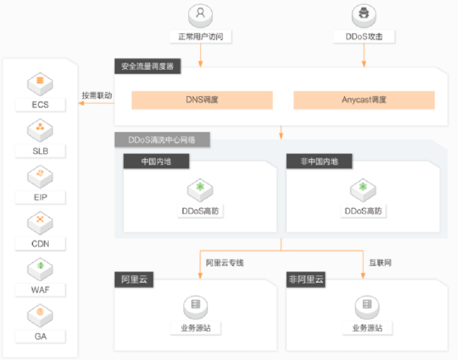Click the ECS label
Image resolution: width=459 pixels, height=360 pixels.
(40, 104)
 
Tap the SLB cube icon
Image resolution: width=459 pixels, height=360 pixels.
(40, 130)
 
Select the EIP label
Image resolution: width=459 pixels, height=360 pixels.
(40, 197)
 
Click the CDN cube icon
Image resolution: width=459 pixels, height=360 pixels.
(40, 223)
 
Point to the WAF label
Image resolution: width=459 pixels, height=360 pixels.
(40, 290)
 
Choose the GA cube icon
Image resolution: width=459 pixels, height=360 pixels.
(40, 316)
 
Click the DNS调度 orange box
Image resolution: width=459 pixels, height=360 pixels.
(202, 100)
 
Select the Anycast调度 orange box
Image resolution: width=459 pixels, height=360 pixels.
(364, 100)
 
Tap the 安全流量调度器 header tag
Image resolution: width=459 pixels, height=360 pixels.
(147, 66)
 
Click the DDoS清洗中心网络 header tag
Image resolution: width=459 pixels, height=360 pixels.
(162, 139)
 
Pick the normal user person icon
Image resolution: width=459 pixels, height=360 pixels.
(200, 15)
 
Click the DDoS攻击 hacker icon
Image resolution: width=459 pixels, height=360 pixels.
(364, 15)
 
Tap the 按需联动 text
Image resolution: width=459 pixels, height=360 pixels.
(97, 96)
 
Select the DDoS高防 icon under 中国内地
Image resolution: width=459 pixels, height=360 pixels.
(200, 190)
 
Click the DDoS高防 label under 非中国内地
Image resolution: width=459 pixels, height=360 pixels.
(363, 211)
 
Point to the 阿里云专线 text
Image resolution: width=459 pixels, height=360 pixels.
(225, 263)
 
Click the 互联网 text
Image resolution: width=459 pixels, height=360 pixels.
(380, 263)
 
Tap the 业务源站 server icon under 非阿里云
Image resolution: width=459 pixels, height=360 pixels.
(367, 307)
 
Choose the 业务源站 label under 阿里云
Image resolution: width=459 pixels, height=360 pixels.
(196, 328)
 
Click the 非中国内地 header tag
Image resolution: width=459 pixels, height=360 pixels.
(319, 162)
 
